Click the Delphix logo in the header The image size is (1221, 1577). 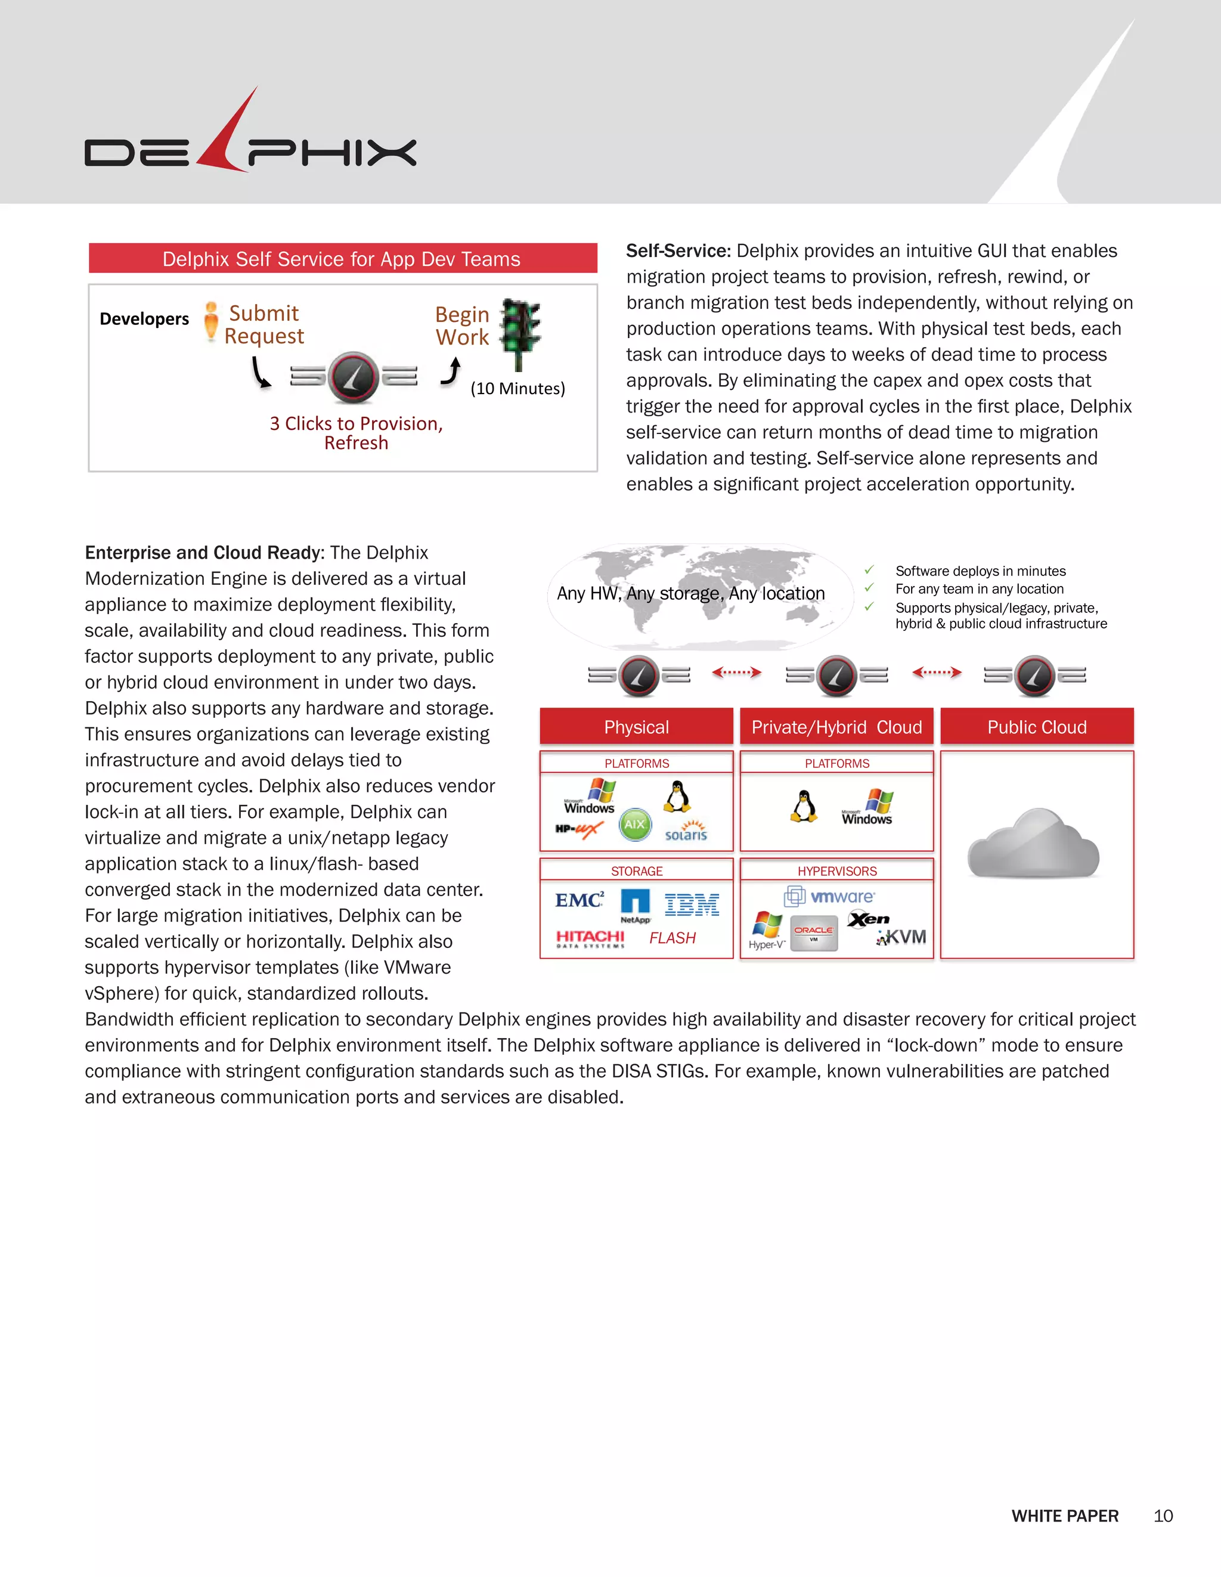pos(250,141)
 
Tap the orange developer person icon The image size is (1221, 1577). pos(211,321)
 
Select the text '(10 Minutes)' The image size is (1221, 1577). pos(517,389)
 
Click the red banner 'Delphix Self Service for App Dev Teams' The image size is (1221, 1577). pos(342,259)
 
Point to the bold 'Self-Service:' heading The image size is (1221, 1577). pos(678,251)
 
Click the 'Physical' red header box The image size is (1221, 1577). pos(636,726)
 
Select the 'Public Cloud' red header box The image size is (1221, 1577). pos(1037,726)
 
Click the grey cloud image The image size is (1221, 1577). pos(1034,845)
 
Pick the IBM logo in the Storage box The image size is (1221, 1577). pos(692,904)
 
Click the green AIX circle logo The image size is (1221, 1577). pos(635,824)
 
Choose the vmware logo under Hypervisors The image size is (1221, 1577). pos(830,897)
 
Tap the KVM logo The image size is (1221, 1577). pos(902,937)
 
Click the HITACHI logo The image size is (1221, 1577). pos(590,937)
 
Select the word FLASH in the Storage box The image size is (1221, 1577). pos(673,938)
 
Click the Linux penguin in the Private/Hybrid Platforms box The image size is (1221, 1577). pos(804,807)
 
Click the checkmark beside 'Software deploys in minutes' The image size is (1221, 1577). pos(869,571)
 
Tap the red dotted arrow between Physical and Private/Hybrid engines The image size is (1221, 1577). pos(736,673)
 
